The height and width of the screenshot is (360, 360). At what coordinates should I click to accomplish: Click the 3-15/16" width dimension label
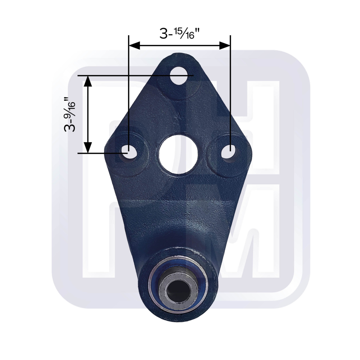(x=179, y=34)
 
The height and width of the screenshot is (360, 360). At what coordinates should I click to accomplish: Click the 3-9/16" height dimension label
(x=69, y=114)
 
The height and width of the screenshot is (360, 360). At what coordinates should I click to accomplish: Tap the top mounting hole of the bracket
(x=179, y=76)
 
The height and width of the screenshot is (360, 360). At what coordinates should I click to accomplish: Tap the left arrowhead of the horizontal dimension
(x=135, y=45)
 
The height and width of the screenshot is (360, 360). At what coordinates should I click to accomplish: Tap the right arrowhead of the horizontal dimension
(x=225, y=45)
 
